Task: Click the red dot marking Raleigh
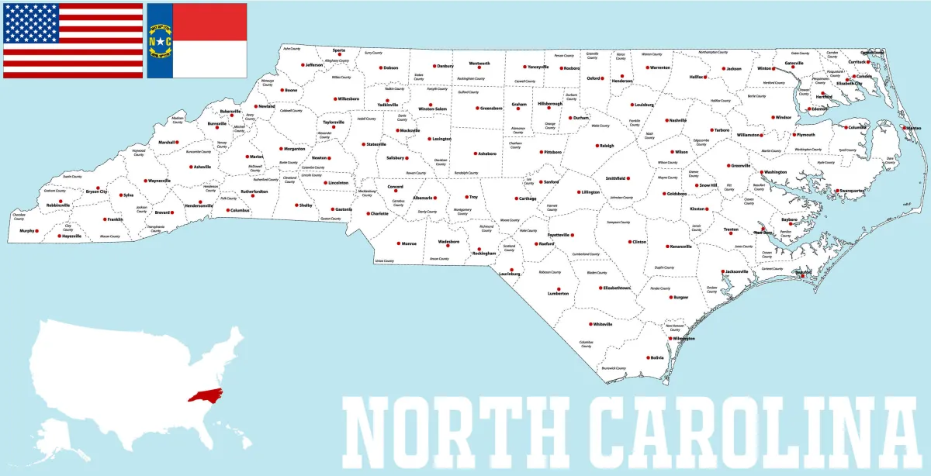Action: point(595,146)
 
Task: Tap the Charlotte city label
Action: point(379,213)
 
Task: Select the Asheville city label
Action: point(202,167)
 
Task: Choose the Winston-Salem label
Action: point(432,109)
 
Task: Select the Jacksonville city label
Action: point(737,271)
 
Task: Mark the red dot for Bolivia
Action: point(648,357)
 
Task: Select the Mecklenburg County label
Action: point(366,193)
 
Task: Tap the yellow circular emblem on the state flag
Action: point(159,40)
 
